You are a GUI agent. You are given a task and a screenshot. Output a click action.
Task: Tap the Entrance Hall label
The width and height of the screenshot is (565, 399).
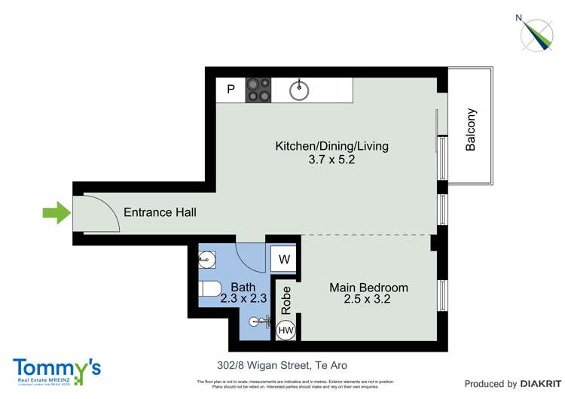click(160, 213)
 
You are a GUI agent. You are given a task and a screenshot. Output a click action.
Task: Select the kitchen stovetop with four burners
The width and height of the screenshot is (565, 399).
click(258, 90)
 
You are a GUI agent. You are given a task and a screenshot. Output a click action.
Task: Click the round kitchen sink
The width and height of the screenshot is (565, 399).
click(300, 90)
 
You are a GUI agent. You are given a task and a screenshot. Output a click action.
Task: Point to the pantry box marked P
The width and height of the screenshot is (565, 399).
click(231, 90)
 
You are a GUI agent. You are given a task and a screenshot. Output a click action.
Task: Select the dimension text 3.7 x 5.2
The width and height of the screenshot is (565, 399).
click(331, 160)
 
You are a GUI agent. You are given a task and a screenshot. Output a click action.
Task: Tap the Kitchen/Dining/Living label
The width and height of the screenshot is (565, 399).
click(331, 146)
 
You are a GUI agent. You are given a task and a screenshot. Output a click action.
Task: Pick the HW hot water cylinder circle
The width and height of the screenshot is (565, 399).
click(286, 330)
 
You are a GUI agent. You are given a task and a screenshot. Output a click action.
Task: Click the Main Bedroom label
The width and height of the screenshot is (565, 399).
click(368, 288)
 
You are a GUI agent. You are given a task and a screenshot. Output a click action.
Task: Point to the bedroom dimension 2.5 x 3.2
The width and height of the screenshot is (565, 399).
click(368, 300)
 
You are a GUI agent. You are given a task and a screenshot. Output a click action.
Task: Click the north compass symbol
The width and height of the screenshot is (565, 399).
click(541, 33)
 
